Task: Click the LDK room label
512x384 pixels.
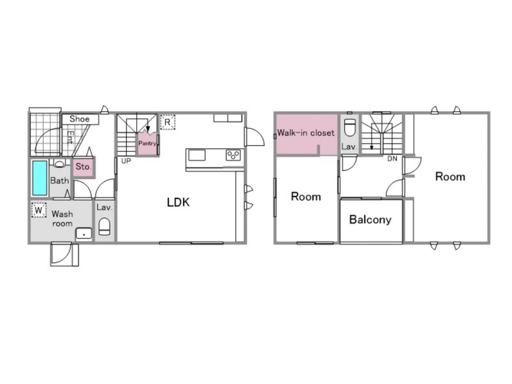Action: click(178, 202)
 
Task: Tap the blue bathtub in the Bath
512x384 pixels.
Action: click(40, 178)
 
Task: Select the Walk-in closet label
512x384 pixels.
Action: click(306, 133)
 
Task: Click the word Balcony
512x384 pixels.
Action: click(370, 220)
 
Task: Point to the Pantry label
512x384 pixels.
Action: click(147, 143)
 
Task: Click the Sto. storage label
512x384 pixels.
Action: click(83, 166)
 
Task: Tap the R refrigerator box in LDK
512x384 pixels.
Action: click(167, 122)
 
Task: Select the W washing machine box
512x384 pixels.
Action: click(39, 210)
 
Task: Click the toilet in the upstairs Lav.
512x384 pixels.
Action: click(350, 127)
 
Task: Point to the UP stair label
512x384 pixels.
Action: click(126, 161)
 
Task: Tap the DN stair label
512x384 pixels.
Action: click(392, 159)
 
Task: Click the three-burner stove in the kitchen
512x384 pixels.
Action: click(233, 155)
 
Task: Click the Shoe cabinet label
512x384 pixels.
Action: click(79, 119)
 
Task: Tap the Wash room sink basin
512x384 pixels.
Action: click(84, 234)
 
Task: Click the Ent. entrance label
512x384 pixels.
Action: click(70, 137)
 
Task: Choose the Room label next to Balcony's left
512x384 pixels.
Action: click(306, 197)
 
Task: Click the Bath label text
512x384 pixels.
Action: click(59, 180)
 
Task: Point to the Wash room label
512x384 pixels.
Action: click(62, 219)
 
